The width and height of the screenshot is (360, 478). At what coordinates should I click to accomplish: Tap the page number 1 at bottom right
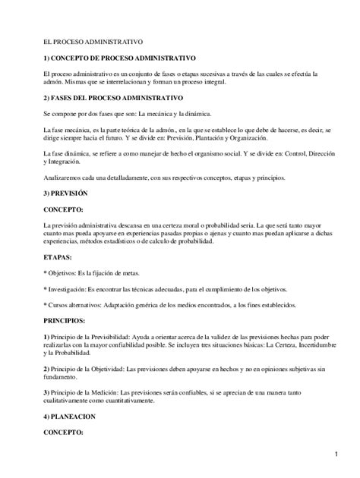pyautogui.click(x=335, y=454)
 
